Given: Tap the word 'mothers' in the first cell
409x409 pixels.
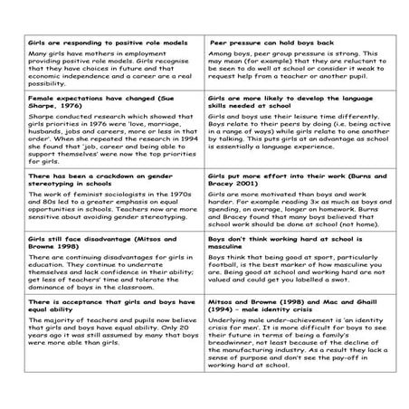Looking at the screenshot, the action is click(83, 54).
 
